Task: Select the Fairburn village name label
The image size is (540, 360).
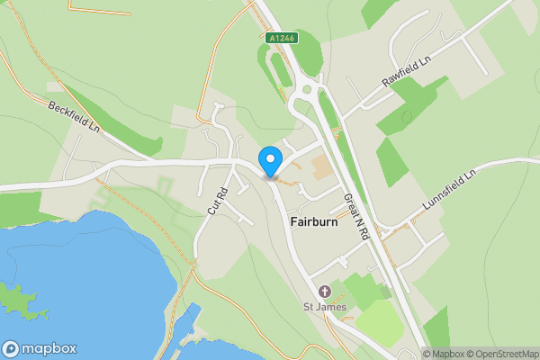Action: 314,221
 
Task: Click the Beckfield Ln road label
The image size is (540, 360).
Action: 74,116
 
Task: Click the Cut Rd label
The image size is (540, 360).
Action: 213,199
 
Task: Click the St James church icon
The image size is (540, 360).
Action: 325,291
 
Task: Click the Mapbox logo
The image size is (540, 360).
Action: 39,349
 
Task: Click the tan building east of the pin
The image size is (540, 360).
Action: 320,166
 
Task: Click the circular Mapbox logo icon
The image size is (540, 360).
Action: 11,349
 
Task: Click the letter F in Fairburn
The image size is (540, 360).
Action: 293,221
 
